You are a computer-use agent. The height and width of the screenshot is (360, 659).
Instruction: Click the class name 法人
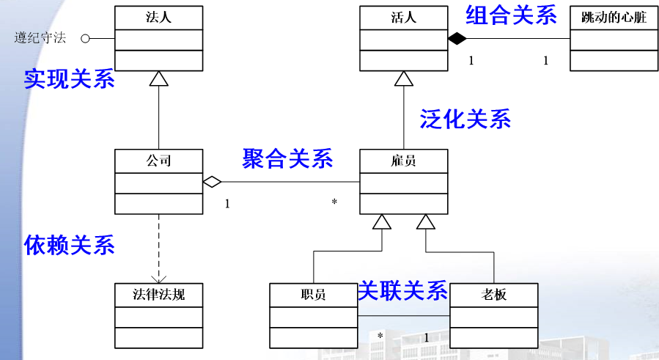click(158, 17)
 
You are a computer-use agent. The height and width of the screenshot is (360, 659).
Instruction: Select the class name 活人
click(403, 17)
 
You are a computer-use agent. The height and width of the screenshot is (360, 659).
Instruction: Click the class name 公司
click(158, 161)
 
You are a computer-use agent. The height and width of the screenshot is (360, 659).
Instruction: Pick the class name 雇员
click(403, 161)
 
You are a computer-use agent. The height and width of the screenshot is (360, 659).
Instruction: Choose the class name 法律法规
click(158, 295)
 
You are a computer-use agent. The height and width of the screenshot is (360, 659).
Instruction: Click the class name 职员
click(313, 295)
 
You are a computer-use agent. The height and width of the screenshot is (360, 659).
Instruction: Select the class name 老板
click(493, 295)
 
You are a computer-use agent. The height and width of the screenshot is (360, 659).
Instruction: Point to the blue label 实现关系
click(70, 79)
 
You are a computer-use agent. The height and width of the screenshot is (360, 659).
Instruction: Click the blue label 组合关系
click(512, 15)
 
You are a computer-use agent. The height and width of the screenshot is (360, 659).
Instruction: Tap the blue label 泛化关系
click(465, 119)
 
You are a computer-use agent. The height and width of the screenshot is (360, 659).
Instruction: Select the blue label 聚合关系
click(287, 158)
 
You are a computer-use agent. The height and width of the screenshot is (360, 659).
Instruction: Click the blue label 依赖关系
click(70, 245)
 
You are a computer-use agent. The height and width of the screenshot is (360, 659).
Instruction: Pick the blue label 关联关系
click(402, 291)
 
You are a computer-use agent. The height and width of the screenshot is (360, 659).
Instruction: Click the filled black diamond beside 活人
click(457, 37)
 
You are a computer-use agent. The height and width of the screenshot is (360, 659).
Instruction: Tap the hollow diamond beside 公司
click(212, 181)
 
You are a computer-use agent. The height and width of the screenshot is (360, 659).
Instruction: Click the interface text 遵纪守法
click(40, 38)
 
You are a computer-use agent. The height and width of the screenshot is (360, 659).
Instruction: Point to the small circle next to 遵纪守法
click(85, 38)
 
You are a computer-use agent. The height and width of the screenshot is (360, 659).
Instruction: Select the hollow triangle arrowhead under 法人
click(159, 78)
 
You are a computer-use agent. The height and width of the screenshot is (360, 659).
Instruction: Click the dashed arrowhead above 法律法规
click(159, 279)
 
